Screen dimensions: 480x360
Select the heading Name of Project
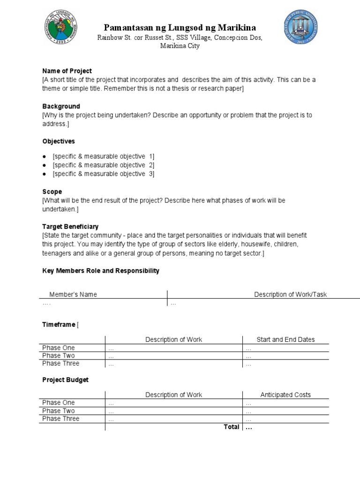(67, 71)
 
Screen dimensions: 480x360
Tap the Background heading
(61, 106)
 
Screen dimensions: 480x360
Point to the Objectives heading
(59, 141)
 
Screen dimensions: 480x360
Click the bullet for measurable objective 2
(44, 165)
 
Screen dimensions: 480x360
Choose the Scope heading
(52, 192)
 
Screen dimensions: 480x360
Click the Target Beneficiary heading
(70, 226)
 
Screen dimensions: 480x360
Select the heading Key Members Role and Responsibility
(101, 270)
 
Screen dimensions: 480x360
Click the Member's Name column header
(73, 294)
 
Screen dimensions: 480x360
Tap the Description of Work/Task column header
(290, 294)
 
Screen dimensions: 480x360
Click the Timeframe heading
(59, 324)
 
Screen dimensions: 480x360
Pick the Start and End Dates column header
(285, 339)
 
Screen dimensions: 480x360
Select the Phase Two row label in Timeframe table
(58, 355)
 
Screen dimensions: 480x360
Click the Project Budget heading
(65, 380)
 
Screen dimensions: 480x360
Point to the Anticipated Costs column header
(285, 395)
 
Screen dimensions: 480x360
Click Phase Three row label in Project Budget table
(60, 419)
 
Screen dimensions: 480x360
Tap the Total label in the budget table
(232, 427)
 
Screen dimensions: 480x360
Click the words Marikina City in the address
(180, 46)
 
